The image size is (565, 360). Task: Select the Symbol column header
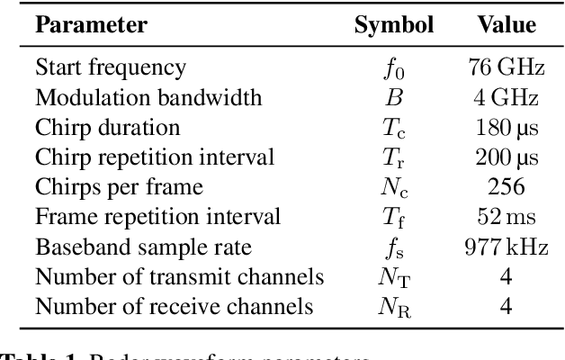(x=394, y=24)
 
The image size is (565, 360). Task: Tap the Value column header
(x=506, y=24)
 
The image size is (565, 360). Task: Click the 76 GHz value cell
(x=506, y=67)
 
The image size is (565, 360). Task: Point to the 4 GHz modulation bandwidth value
(x=506, y=97)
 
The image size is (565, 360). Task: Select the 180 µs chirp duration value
(x=506, y=127)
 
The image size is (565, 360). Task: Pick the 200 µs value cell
(x=506, y=157)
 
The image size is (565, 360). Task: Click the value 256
(x=506, y=187)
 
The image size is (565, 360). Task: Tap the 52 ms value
(x=506, y=217)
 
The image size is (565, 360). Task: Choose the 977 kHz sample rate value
(x=506, y=247)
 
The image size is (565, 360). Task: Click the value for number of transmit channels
(x=506, y=276)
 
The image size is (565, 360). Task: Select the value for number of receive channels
(x=506, y=306)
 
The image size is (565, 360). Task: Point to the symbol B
(x=394, y=97)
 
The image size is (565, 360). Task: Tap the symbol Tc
(x=394, y=128)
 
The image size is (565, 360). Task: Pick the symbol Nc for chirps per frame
(x=394, y=188)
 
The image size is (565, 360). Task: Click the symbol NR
(x=394, y=307)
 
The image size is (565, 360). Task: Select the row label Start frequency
(x=111, y=67)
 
